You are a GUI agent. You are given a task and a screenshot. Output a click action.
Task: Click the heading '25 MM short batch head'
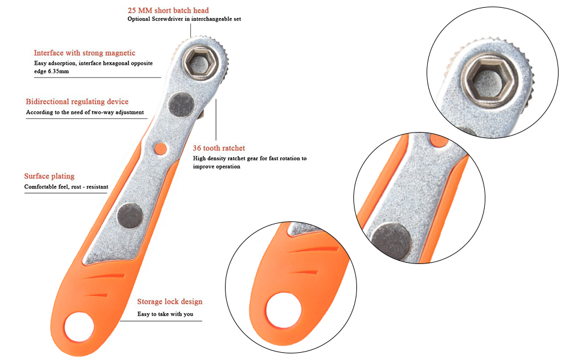(168, 10)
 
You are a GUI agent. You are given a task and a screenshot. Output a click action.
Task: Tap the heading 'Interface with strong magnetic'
(85, 53)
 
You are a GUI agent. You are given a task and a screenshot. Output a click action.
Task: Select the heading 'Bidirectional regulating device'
(77, 101)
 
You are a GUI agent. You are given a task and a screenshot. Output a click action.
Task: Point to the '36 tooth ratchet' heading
(218, 148)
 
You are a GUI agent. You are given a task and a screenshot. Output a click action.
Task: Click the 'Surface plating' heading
(49, 176)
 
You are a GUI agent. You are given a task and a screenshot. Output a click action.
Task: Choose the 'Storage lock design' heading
(170, 301)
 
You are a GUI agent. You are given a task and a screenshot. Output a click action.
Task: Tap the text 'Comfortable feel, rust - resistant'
(66, 187)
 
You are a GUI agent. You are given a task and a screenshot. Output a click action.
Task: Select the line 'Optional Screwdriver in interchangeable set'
(184, 19)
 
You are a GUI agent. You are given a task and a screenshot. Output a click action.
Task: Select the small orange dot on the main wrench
(160, 147)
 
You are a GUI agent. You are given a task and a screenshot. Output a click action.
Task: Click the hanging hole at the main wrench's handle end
(80, 327)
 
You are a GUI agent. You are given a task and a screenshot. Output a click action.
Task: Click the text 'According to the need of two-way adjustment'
(85, 112)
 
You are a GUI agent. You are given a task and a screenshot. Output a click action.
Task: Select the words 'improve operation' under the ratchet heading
(217, 167)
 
